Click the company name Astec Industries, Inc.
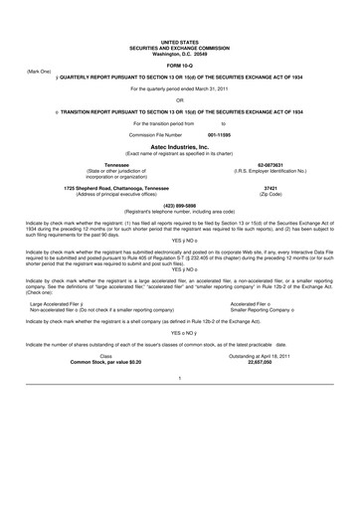pyautogui.click(x=180, y=144)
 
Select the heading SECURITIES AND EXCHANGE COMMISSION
pyautogui.click(x=180, y=45)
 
